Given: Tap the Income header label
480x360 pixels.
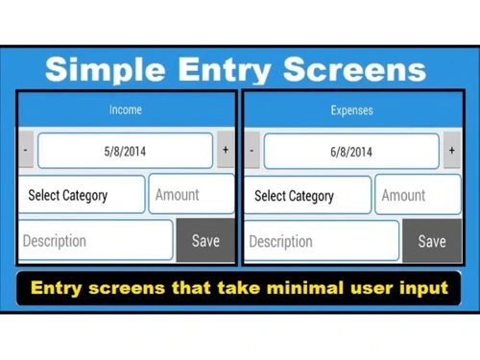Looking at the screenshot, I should coord(125,110).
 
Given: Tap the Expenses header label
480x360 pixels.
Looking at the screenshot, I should coord(351,110).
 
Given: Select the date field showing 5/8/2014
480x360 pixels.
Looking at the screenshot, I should coord(125,151).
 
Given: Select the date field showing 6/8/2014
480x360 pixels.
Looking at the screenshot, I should coord(351,151).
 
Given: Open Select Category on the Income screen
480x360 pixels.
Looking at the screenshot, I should coord(82,195).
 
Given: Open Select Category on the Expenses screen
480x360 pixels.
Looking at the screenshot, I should coord(308,195).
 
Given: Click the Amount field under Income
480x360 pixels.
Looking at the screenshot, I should coord(191,195).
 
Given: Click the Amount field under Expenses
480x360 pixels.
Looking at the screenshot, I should coord(417,195).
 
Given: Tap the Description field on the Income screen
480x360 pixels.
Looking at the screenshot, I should coord(95,241).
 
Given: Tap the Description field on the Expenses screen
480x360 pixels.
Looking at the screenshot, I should coord(322,241).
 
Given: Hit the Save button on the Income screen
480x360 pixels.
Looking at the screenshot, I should coord(205,241).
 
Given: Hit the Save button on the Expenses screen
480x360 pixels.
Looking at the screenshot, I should coord(432,241).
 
